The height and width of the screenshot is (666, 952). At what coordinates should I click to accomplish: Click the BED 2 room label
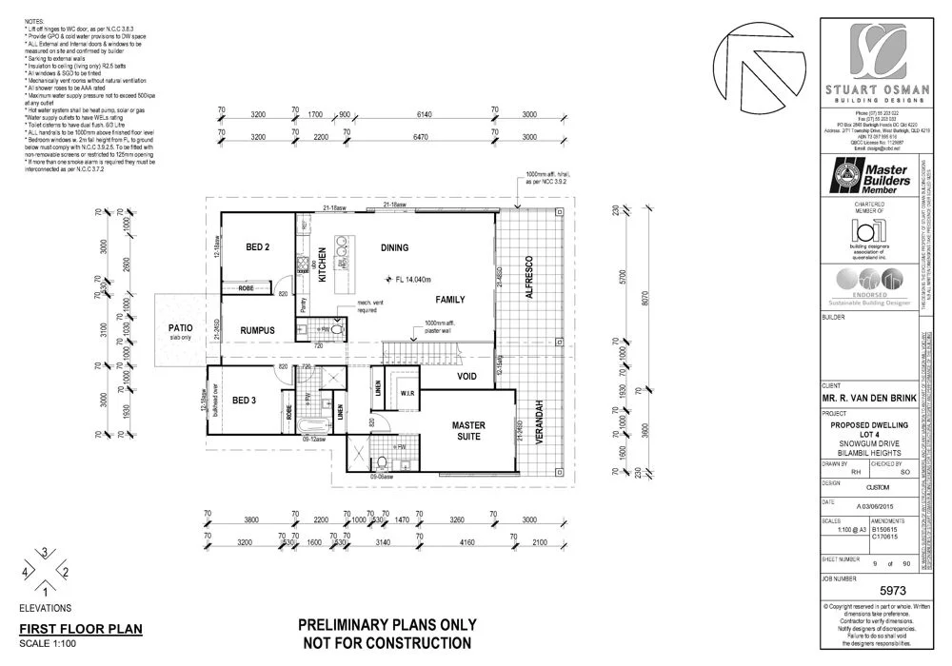258,247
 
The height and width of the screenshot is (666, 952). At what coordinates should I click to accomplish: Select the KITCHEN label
322,262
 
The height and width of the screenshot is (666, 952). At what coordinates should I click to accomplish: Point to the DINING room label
394,248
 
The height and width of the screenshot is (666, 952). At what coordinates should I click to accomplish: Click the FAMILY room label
450,299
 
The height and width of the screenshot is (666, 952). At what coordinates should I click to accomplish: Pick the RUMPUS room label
256,330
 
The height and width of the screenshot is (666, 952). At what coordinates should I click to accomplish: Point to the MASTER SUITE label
468,430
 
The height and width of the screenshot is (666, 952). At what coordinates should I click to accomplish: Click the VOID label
467,376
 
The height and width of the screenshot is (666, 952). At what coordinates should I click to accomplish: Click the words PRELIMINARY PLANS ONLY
387,626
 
